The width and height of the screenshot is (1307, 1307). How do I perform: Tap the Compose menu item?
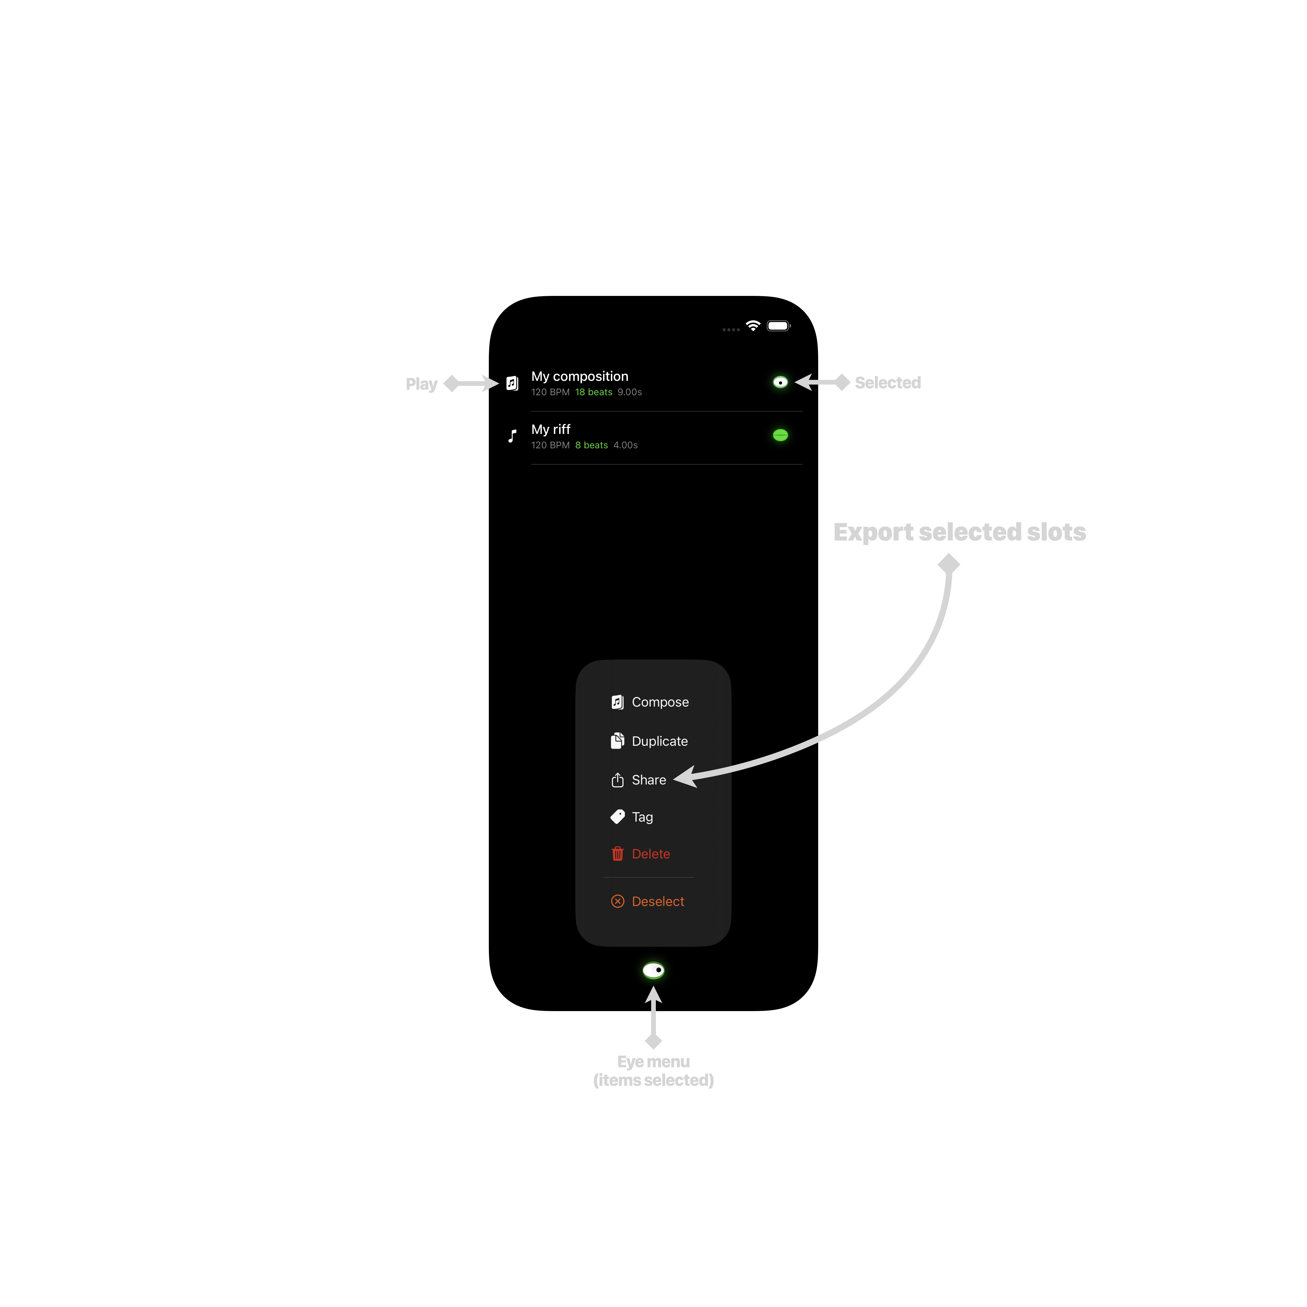pyautogui.click(x=649, y=702)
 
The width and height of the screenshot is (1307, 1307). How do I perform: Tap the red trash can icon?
pyautogui.click(x=618, y=854)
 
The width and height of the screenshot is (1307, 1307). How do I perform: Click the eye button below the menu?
pyautogui.click(x=653, y=971)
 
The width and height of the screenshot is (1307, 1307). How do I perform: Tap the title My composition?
pyautogui.click(x=580, y=377)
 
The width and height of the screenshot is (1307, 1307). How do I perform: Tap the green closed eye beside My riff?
pyautogui.click(x=781, y=435)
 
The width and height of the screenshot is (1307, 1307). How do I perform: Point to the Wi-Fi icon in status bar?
pyautogui.click(x=753, y=326)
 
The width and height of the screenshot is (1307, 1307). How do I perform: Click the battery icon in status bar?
pyautogui.click(x=779, y=326)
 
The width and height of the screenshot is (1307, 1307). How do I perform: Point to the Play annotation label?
pyautogui.click(x=421, y=384)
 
